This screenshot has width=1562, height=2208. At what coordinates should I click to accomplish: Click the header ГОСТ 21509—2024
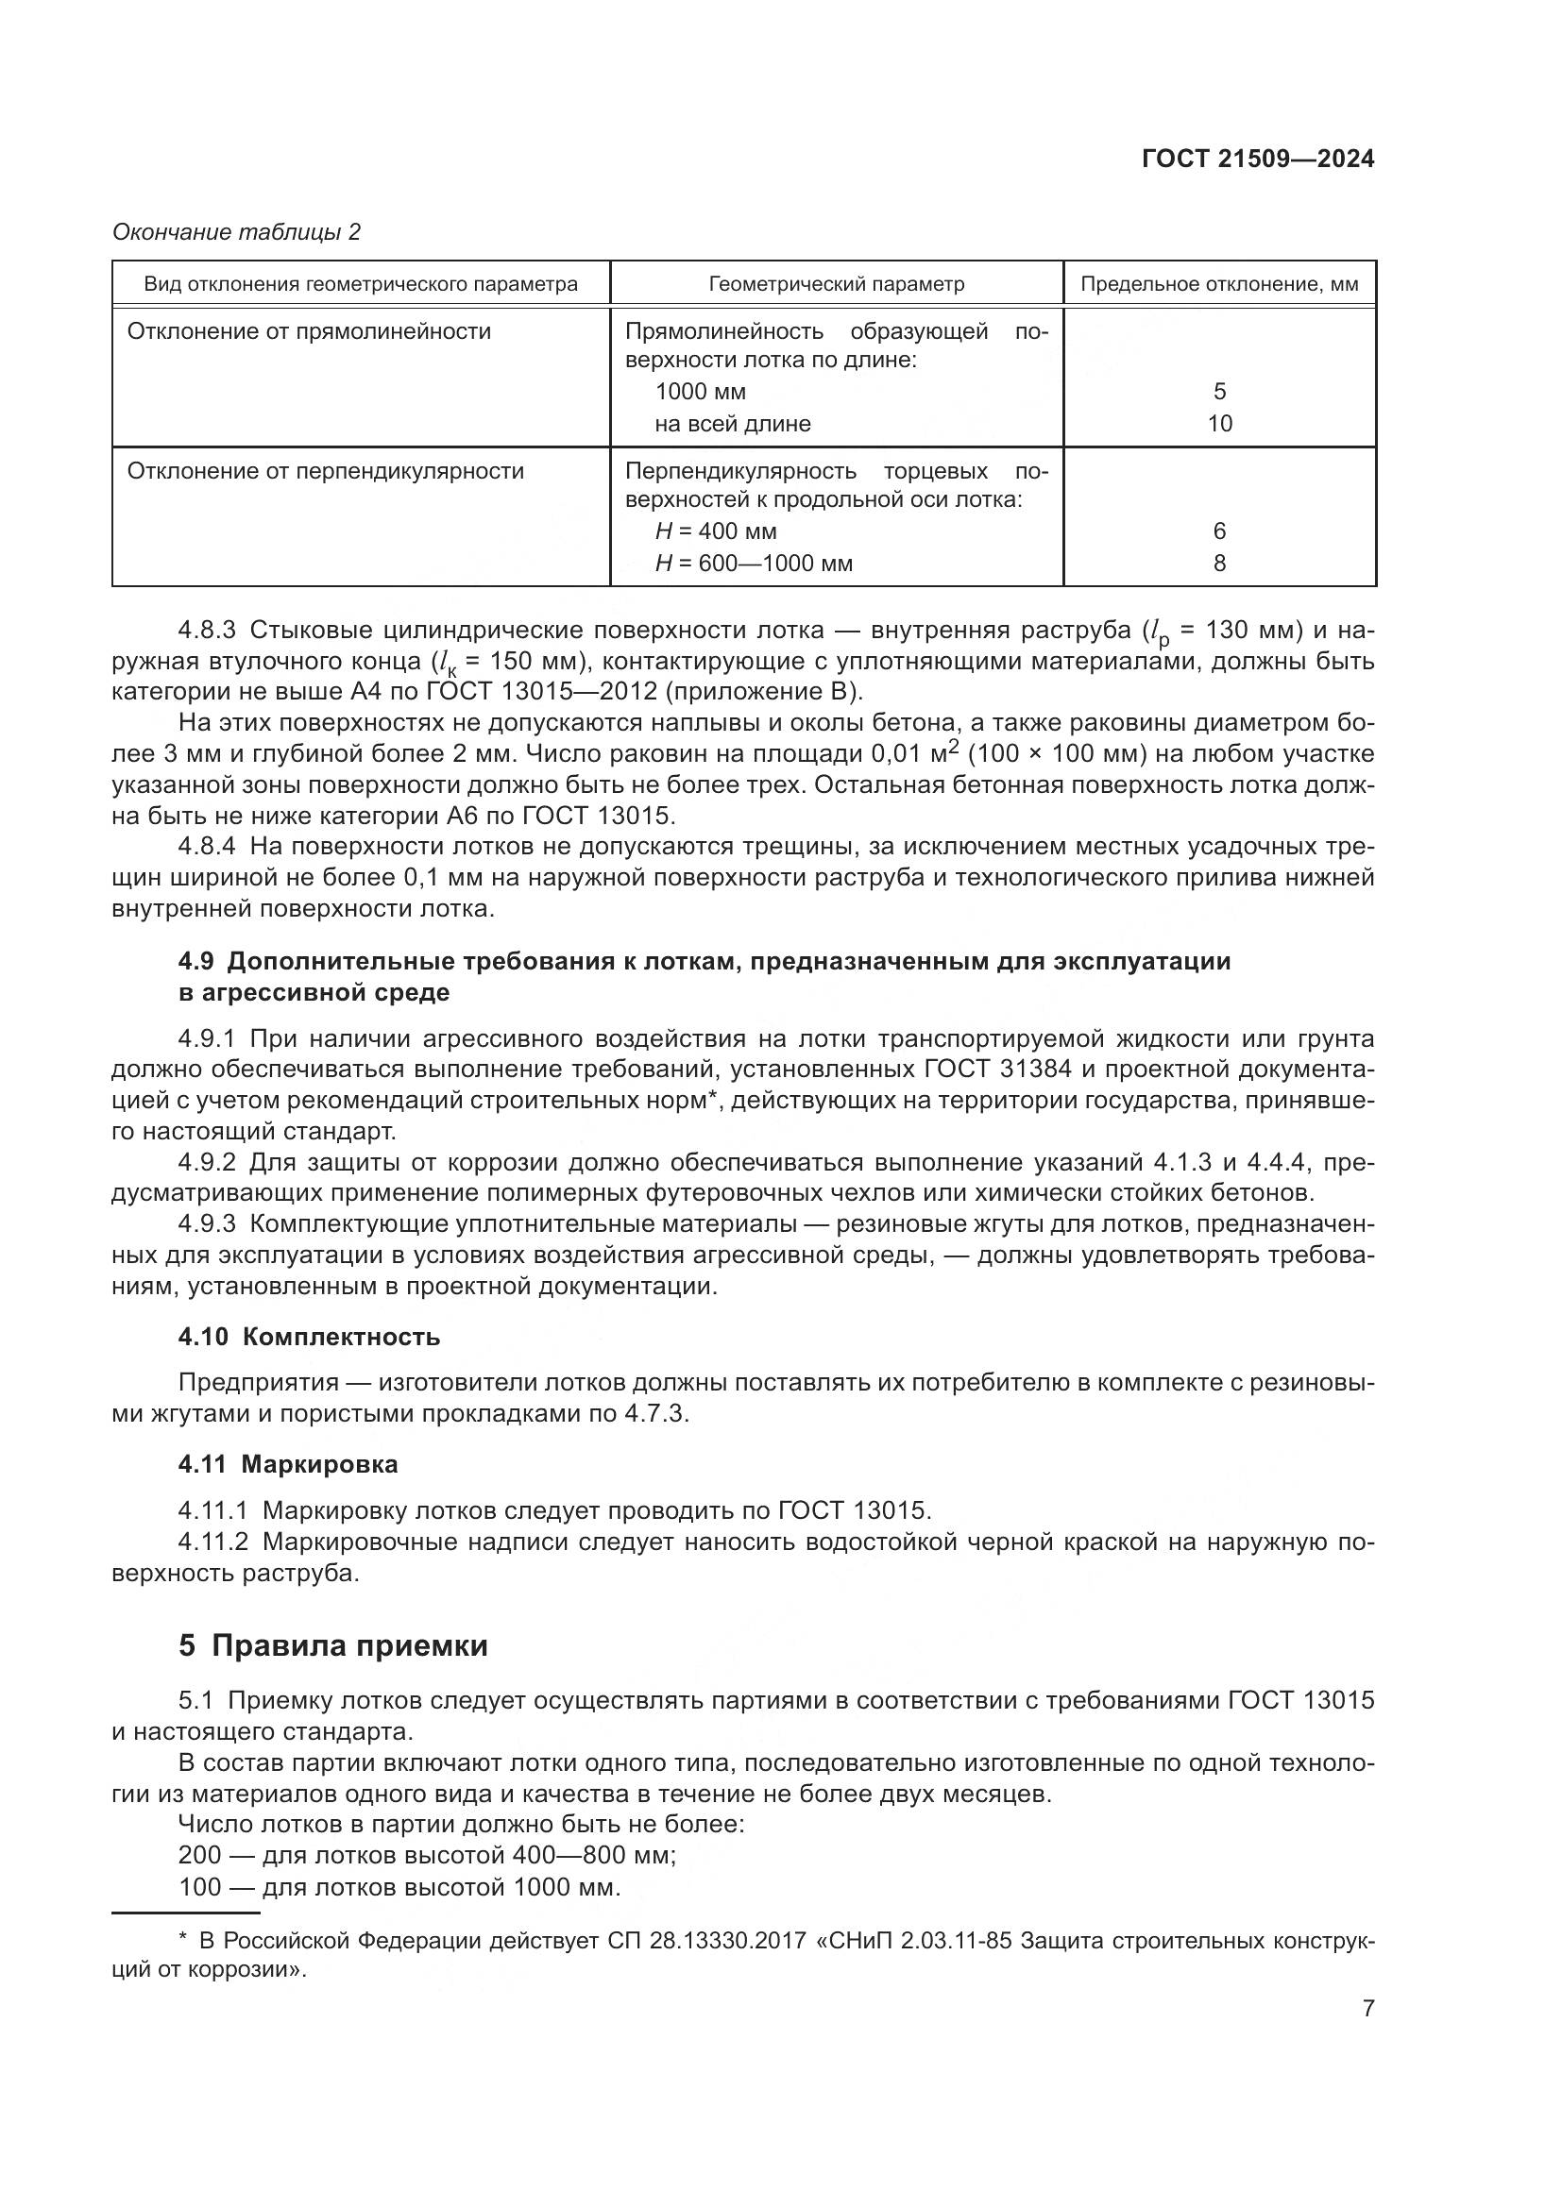1257,160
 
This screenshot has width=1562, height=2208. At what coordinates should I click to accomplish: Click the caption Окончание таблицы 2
237,232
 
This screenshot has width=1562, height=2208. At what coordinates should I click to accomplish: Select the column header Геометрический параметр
836,284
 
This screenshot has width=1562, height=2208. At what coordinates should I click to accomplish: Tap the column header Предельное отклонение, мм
1218,284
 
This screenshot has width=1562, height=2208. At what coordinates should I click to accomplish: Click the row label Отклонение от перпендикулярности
325,471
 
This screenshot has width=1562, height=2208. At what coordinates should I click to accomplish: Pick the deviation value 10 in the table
1218,424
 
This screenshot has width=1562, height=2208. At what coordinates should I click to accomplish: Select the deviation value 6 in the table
1218,531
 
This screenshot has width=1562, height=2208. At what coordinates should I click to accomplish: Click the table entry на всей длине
732,424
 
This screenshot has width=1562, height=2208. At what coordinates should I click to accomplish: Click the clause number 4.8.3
207,631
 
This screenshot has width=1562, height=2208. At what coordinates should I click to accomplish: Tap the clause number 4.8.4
207,846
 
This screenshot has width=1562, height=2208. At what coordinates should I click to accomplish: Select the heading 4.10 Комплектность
309,1337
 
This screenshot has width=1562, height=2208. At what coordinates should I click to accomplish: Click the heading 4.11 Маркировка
288,1465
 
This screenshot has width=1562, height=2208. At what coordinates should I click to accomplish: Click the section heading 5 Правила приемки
332,1646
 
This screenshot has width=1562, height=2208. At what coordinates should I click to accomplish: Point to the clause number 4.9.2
207,1163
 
